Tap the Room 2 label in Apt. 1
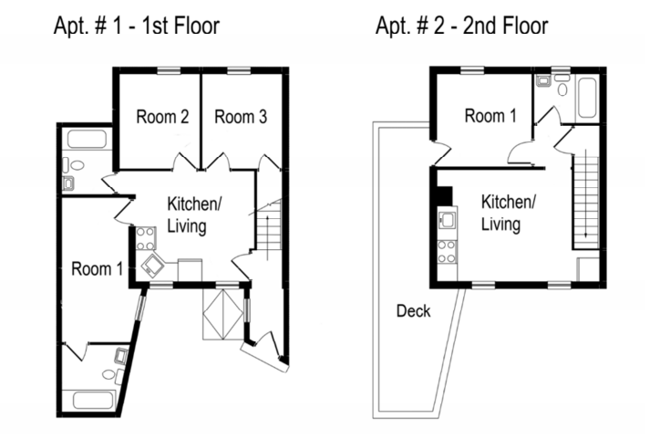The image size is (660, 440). pyautogui.click(x=162, y=116)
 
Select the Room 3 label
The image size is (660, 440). pyautogui.click(x=241, y=116)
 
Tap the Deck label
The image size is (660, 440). pyautogui.click(x=413, y=311)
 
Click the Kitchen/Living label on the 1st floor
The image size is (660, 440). pyautogui.click(x=192, y=215)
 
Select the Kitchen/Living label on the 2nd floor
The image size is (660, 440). pyautogui.click(x=508, y=213)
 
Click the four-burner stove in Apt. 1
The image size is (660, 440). pyautogui.click(x=145, y=240)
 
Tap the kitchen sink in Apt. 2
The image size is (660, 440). pyautogui.click(x=447, y=221)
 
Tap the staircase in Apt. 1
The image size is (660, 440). pyautogui.click(x=269, y=227)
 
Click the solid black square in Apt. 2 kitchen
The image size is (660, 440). pyautogui.click(x=445, y=196)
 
